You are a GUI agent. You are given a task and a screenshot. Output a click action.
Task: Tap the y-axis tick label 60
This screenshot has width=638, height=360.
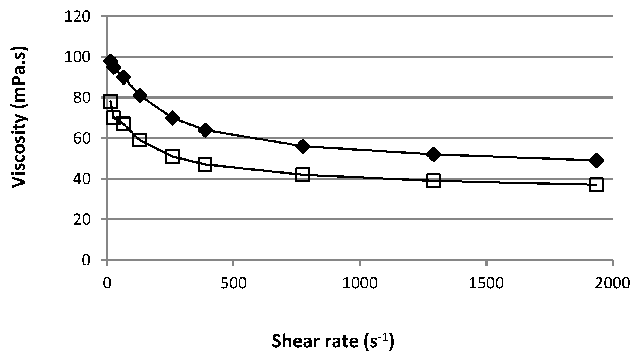coord(82,138)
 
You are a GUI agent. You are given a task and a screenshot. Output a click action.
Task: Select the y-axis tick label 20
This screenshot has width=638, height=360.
coord(82,220)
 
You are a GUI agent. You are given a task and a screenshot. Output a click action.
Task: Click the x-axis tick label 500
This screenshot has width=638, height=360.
coord(233,283)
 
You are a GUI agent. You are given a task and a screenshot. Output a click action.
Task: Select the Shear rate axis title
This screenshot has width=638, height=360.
coord(333,341)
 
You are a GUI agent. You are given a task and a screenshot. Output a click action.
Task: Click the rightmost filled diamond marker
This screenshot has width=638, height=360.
coord(596,160)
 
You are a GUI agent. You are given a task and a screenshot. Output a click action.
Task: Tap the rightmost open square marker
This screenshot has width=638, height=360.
coord(596,185)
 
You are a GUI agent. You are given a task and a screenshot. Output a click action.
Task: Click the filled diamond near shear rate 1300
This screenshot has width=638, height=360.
coord(433,154)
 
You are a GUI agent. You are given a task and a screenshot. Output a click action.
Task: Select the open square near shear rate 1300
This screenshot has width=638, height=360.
coord(433,181)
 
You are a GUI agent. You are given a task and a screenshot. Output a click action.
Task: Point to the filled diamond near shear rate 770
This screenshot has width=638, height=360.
coord(302,146)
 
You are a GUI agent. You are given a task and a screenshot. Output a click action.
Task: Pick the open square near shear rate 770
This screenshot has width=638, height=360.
coord(302,175)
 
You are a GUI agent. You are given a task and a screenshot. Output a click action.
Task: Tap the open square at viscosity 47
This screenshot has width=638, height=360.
coord(205,164)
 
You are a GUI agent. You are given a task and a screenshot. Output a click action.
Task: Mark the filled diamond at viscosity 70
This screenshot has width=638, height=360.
coord(172,118)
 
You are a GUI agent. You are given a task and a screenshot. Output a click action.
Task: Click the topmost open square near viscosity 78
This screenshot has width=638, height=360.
coord(110,101)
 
